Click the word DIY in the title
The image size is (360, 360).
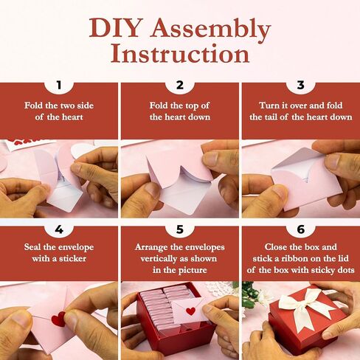114,28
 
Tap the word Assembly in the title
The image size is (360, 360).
210,30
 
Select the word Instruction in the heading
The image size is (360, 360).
180,54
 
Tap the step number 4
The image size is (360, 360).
59,229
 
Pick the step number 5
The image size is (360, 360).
180,229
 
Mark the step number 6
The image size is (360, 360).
301,229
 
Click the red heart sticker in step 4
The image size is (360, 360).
58,319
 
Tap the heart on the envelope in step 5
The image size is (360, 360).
190,311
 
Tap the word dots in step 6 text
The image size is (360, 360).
345,270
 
